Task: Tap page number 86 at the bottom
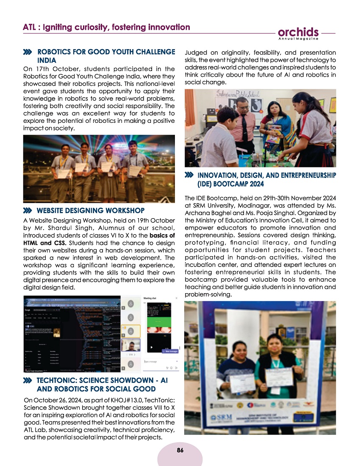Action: pyautogui.click(x=180, y=450)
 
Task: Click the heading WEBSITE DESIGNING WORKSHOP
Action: pyautogui.click(x=91, y=210)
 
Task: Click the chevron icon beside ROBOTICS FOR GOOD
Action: pyautogui.click(x=28, y=52)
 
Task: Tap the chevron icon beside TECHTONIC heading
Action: pyautogui.click(x=28, y=381)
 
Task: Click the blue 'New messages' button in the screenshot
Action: pyautogui.click(x=171, y=351)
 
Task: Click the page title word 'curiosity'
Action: pyautogui.click(x=96, y=28)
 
